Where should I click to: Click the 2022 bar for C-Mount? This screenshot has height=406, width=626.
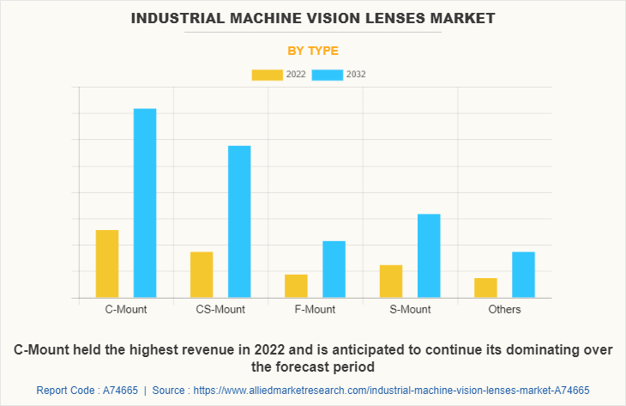pyautogui.click(x=107, y=264)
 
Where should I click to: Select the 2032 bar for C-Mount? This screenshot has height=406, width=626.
pyautogui.click(x=145, y=203)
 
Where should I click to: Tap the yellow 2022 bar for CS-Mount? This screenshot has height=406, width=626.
pyautogui.click(x=202, y=275)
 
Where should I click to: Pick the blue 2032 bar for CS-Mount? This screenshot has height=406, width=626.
pyautogui.click(x=239, y=221)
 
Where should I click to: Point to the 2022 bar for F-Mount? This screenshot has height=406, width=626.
pyautogui.click(x=296, y=286)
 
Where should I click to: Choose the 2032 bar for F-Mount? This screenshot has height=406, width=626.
pyautogui.click(x=334, y=270)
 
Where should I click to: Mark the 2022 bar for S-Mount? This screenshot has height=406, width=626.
pyautogui.click(x=391, y=282)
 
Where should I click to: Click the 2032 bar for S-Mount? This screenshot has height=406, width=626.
pyautogui.click(x=429, y=256)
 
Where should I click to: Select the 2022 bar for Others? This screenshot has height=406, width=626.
pyautogui.click(x=485, y=288)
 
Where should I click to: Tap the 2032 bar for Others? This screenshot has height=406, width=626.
pyautogui.click(x=523, y=275)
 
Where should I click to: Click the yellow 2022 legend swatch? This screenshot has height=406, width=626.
pyautogui.click(x=267, y=75)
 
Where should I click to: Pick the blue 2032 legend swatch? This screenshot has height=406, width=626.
pyautogui.click(x=328, y=75)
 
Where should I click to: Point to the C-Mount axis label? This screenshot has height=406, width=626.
pyautogui.click(x=126, y=309)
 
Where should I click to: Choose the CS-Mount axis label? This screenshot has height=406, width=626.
pyautogui.click(x=220, y=309)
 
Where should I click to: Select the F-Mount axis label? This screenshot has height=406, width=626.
pyautogui.click(x=316, y=309)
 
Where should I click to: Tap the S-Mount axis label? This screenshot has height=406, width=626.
pyautogui.click(x=410, y=309)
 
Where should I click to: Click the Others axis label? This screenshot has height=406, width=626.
pyautogui.click(x=504, y=309)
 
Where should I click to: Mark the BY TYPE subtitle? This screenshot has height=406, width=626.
pyautogui.click(x=313, y=51)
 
